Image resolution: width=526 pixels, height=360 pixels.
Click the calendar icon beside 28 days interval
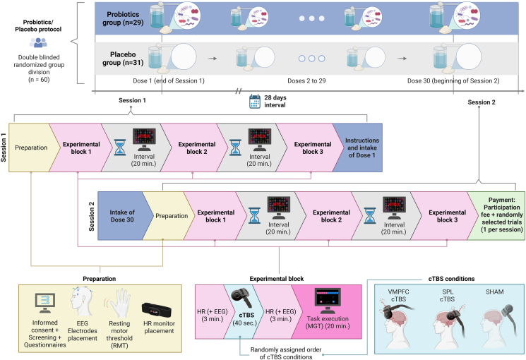[x=255, y=102]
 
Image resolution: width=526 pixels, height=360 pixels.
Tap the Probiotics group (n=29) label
[x=123, y=18]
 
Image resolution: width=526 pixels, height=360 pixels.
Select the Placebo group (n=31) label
[x=123, y=59]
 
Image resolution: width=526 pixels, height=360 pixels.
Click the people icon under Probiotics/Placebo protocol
[x=38, y=42]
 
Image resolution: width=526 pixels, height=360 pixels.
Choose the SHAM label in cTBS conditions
[x=494, y=292]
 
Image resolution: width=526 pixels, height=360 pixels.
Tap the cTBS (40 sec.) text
[x=244, y=319]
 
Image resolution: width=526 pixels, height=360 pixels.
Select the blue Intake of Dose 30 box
[x=122, y=216]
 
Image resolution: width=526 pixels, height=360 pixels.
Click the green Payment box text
[x=502, y=215]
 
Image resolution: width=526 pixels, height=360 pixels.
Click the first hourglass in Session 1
[x=120, y=148]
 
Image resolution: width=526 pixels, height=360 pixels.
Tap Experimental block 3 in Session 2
[x=447, y=216]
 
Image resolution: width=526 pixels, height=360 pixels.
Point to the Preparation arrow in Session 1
[x=31, y=148]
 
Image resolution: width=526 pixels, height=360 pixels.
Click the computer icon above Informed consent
[x=44, y=304]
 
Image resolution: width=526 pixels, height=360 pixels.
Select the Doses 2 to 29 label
[x=306, y=81]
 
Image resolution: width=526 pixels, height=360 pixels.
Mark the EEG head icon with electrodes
[x=80, y=301]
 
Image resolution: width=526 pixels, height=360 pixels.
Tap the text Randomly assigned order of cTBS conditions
[x=286, y=353]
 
